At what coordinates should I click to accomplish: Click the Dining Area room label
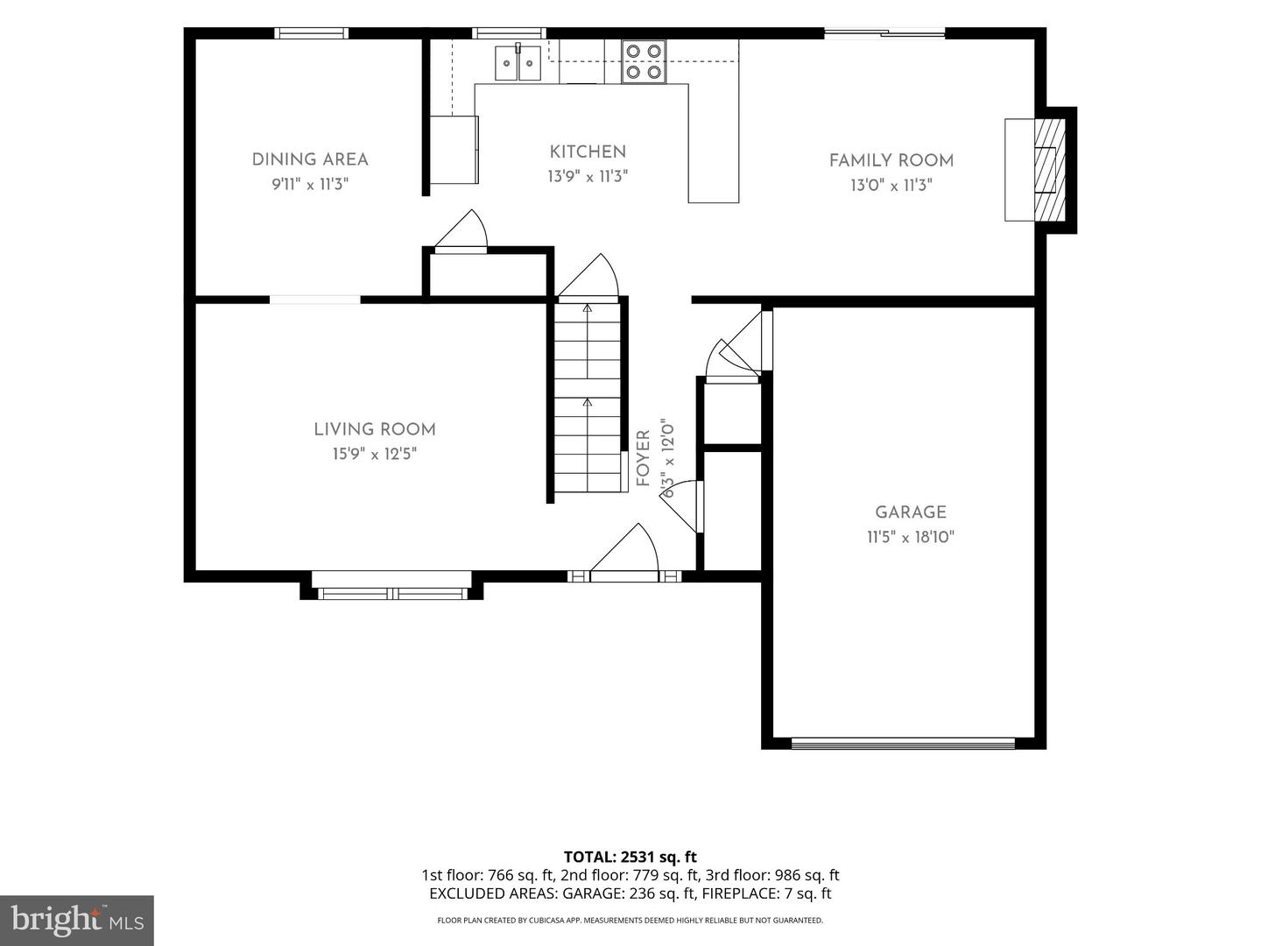pyautogui.click(x=310, y=159)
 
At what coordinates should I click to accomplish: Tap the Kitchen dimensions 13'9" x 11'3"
pyautogui.click(x=588, y=176)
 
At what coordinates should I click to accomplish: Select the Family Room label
pyautogui.click(x=891, y=161)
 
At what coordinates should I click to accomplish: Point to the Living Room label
pyautogui.click(x=375, y=429)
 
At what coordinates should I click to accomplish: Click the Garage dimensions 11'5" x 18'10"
pyautogui.click(x=911, y=537)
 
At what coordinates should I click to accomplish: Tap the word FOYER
pyautogui.click(x=644, y=458)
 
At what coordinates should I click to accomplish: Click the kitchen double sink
pyautogui.click(x=518, y=63)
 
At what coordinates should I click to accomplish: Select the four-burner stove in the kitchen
pyautogui.click(x=644, y=62)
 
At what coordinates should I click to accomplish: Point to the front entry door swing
pyautogui.click(x=624, y=548)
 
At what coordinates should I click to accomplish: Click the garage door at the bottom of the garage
pyautogui.click(x=903, y=744)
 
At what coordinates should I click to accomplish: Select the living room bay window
pyautogui.click(x=391, y=586)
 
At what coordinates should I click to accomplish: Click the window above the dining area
pyautogui.click(x=312, y=33)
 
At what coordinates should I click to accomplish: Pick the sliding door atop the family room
pyautogui.click(x=884, y=33)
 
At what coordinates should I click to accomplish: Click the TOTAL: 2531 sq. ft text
pyautogui.click(x=630, y=857)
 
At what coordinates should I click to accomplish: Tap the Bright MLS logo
pyautogui.click(x=77, y=921)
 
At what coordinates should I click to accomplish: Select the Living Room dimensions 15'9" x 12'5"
pyautogui.click(x=375, y=455)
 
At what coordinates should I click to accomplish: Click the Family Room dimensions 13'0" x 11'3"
pyautogui.click(x=891, y=186)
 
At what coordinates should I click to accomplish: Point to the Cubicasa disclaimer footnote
pyautogui.click(x=630, y=920)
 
